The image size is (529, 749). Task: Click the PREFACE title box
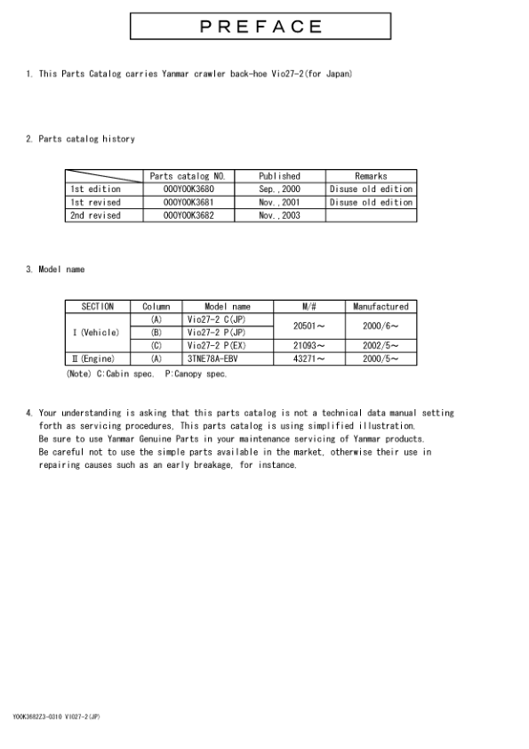pos(260,26)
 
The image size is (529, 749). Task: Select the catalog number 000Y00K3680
pos(188,189)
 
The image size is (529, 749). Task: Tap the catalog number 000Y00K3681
pos(188,203)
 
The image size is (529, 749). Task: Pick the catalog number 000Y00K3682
pos(188,216)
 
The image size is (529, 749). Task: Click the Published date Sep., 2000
pos(279,189)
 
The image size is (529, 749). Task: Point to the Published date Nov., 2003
pos(279,216)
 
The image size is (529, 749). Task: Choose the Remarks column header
pos(371,176)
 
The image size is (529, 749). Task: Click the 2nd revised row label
pos(95,216)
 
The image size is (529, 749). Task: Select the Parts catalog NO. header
pos(188,176)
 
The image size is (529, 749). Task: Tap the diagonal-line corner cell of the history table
pos(104,176)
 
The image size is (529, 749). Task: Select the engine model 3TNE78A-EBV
pos(213,358)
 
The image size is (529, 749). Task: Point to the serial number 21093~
pos(309,345)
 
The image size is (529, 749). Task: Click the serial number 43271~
pos(309,358)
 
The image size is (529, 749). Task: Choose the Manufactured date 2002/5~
pos(381,345)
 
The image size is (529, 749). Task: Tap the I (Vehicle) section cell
pos(97,333)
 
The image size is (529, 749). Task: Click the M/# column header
pos(309,306)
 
